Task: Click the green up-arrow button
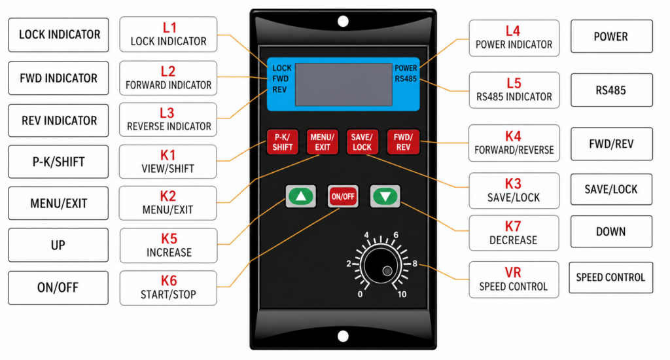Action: click(300, 196)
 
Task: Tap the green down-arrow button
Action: click(385, 196)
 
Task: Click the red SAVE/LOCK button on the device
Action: click(361, 142)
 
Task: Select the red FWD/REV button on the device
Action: click(402, 142)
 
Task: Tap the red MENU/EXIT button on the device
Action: click(322, 142)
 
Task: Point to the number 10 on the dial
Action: click(402, 294)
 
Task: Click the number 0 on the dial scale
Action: click(360, 294)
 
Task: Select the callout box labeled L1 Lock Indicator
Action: click(168, 34)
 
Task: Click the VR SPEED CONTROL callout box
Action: click(514, 279)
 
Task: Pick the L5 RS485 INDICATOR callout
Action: click(514, 90)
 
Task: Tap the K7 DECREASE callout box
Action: click(514, 233)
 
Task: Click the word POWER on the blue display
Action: click(406, 68)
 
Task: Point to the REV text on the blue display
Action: click(279, 88)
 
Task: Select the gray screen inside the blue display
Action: click(344, 85)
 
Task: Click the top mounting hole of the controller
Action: click(343, 22)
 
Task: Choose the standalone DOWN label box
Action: click(611, 232)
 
